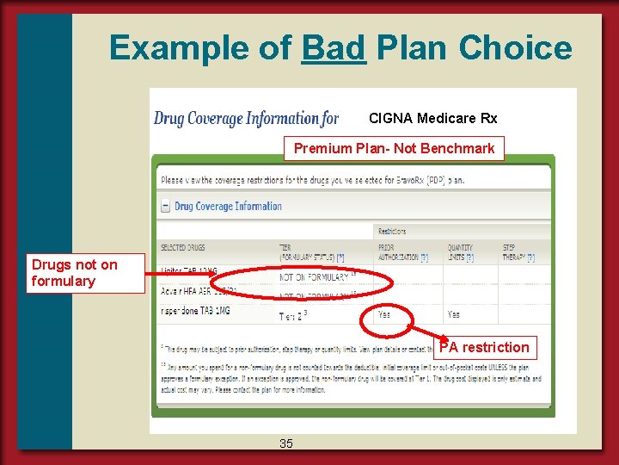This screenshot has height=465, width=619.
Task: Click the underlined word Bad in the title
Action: pyautogui.click(x=334, y=47)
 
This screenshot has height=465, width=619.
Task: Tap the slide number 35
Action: pyautogui.click(x=285, y=443)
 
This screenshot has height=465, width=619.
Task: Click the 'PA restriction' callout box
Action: pyautogui.click(x=484, y=347)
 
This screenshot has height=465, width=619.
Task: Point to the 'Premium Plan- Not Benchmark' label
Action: pyautogui.click(x=394, y=148)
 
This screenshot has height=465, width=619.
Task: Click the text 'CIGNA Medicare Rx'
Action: pyautogui.click(x=432, y=118)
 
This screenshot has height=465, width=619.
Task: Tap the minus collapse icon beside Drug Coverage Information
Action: pyautogui.click(x=165, y=207)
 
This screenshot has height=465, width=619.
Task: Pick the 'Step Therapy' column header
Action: pyautogui.click(x=518, y=252)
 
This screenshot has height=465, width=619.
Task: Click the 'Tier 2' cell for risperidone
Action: pyautogui.click(x=292, y=316)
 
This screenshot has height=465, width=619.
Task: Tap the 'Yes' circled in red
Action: pyautogui.click(x=383, y=315)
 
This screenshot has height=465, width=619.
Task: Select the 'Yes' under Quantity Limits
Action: pyautogui.click(x=453, y=315)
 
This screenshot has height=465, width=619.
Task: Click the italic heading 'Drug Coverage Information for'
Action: pyautogui.click(x=246, y=118)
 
